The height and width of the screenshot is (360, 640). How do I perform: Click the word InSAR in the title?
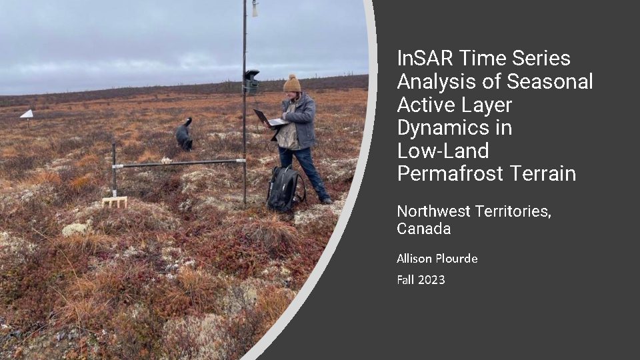(x=425, y=58)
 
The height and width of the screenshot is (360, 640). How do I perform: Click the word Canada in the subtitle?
(x=424, y=228)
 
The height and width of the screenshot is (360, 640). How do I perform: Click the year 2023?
(x=432, y=279)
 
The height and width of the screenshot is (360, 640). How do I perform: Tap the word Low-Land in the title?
(x=443, y=151)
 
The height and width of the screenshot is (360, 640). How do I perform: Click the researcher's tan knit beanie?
(x=292, y=83)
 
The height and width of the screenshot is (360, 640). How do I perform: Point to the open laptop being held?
(x=269, y=118)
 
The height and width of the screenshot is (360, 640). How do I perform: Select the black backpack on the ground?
(x=285, y=188)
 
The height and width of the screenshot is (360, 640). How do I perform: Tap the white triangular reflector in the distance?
(x=27, y=114)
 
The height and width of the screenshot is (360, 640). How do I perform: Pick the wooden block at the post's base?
(x=115, y=202)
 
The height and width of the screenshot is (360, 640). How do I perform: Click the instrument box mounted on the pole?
(x=251, y=81)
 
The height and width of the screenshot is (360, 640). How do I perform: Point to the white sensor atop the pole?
(x=255, y=9)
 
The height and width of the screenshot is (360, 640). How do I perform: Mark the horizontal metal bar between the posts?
(x=179, y=163)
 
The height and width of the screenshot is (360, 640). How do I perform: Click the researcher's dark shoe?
(x=327, y=201)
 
